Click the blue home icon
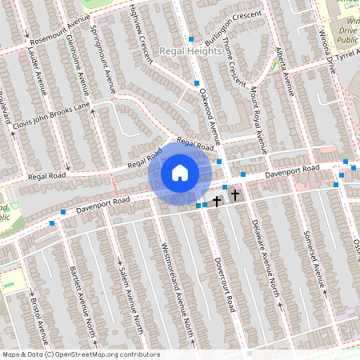click(x=180, y=173)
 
